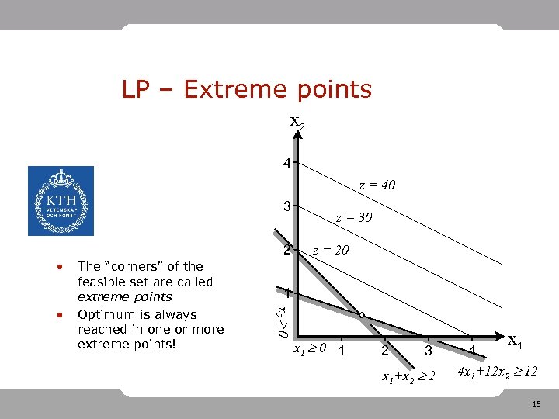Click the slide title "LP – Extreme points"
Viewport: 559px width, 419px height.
pyautogui.click(x=247, y=90)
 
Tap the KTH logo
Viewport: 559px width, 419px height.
pyautogui.click(x=61, y=201)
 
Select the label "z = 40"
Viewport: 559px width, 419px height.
pyautogui.click(x=377, y=185)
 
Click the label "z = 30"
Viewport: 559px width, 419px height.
pyautogui.click(x=353, y=218)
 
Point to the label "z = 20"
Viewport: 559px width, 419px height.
pyautogui.click(x=330, y=250)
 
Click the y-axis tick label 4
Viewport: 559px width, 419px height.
pyautogui.click(x=287, y=164)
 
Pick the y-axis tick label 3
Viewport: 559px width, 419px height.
pyautogui.click(x=287, y=207)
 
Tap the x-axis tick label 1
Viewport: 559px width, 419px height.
pyautogui.click(x=339, y=351)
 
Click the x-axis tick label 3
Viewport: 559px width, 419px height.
pyautogui.click(x=427, y=351)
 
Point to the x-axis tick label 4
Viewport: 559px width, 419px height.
pyautogui.click(x=471, y=351)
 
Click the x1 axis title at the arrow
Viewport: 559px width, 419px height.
pyautogui.click(x=514, y=341)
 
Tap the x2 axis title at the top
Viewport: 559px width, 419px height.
pyautogui.click(x=298, y=122)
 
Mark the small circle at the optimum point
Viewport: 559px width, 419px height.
pyautogui.click(x=361, y=314)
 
